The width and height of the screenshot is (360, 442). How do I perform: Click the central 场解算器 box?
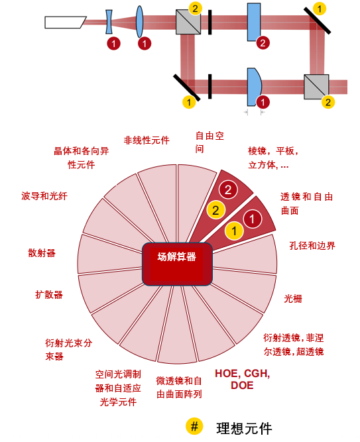(x=177, y=264)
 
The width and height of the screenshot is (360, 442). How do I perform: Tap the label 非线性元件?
(x=147, y=140)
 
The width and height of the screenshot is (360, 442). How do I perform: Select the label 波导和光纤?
(x=44, y=196)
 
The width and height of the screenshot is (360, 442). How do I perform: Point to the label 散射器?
(x=42, y=253)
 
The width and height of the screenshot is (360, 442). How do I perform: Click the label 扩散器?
(x=49, y=295)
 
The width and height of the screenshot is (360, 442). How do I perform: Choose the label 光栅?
(x=293, y=298)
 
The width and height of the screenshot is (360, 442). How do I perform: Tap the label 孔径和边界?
(x=312, y=246)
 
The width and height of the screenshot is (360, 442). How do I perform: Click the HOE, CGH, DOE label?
(x=243, y=380)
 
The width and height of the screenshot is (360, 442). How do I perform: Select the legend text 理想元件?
(x=245, y=429)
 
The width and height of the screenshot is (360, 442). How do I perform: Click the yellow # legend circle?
(x=194, y=426)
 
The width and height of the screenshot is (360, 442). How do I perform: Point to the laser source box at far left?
(x=66, y=23)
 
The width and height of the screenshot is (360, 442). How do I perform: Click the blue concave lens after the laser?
(x=109, y=22)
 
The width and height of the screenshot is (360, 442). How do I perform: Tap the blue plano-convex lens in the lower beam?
(x=254, y=87)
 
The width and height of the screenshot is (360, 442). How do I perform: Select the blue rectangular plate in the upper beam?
(x=254, y=22)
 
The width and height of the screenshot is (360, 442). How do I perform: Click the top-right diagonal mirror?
(x=317, y=21)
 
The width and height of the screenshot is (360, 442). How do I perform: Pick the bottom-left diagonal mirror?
(x=187, y=87)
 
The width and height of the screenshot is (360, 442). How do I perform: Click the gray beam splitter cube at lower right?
(x=316, y=87)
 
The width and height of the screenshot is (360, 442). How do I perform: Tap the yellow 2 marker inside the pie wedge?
(x=216, y=210)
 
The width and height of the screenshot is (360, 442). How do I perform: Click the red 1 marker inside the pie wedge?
(x=252, y=219)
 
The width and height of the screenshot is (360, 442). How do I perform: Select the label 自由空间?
(x=210, y=142)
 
